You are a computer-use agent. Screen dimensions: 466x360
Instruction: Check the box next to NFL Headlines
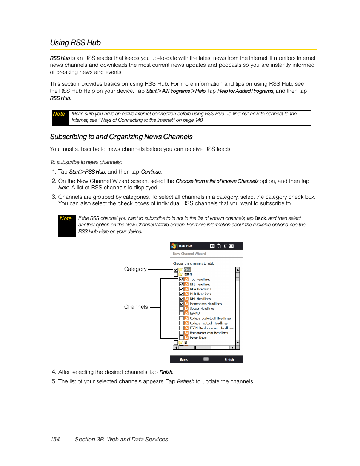tap(182, 284)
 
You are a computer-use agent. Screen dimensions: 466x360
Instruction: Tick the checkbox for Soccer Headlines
tap(182, 308)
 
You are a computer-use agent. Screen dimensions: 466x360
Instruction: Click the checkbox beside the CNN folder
tap(176, 270)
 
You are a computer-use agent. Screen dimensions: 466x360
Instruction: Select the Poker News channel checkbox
tap(182, 338)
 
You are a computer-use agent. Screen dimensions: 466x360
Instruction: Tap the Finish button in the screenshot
tap(229, 360)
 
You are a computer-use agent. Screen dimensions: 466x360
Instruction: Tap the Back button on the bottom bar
tap(183, 360)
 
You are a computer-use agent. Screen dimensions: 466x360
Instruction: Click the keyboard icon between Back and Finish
tap(206, 359)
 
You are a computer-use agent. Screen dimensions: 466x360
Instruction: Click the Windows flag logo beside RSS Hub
tap(174, 246)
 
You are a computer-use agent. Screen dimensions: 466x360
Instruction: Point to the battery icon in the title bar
tap(231, 246)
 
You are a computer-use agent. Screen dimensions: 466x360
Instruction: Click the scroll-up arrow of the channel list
tap(238, 270)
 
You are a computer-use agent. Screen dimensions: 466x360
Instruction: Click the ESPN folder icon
tap(181, 275)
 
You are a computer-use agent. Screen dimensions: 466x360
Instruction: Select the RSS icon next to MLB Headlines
tap(186, 294)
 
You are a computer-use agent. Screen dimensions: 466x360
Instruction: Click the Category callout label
tap(135, 269)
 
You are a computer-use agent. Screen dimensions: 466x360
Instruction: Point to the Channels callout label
tap(136, 307)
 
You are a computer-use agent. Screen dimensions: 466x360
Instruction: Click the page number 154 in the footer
tap(55, 440)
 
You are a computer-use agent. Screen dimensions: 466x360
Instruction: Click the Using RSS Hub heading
tap(75, 43)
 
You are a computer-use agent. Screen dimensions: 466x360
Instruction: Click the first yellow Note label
tap(59, 114)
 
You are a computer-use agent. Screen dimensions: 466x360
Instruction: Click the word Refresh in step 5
tap(186, 381)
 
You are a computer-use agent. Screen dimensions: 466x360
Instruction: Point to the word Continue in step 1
tap(151, 172)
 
